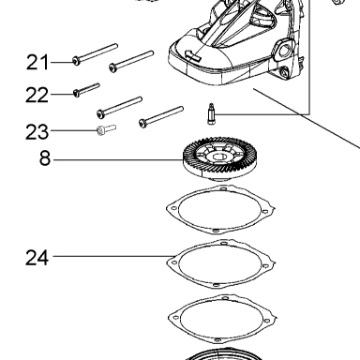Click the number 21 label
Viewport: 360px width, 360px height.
pyautogui.click(x=37, y=62)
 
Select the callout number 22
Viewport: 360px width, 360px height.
pyautogui.click(x=37, y=95)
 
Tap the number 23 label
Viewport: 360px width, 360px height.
pyautogui.click(x=37, y=131)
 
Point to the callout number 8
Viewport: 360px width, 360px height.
pyautogui.click(x=45, y=158)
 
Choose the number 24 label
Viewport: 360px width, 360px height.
pyautogui.click(x=37, y=258)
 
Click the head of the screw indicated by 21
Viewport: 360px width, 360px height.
pyautogui.click(x=76, y=61)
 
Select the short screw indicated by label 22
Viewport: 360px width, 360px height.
pyautogui.click(x=86, y=89)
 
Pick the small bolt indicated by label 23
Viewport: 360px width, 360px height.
pyautogui.click(x=107, y=129)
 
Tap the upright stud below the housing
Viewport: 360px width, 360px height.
pyautogui.click(x=211, y=113)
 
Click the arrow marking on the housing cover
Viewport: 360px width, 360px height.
pyautogui.click(x=192, y=55)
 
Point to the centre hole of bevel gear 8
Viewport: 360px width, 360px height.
pyautogui.click(x=220, y=157)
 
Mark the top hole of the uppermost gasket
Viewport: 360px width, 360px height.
pyautogui.click(x=223, y=188)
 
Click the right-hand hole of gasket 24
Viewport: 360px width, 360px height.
pyautogui.click(x=265, y=266)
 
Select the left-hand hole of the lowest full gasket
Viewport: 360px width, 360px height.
pyautogui.click(x=175, y=318)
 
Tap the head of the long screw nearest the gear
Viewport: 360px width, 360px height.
pyautogui.click(x=142, y=123)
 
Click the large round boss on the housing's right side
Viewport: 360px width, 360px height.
pyautogui.click(x=284, y=50)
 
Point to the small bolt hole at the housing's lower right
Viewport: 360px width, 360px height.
pyautogui.click(x=284, y=73)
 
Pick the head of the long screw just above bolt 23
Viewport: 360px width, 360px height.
pyautogui.click(x=100, y=114)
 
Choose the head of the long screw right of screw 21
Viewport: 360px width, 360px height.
pyautogui.click(x=112, y=67)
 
